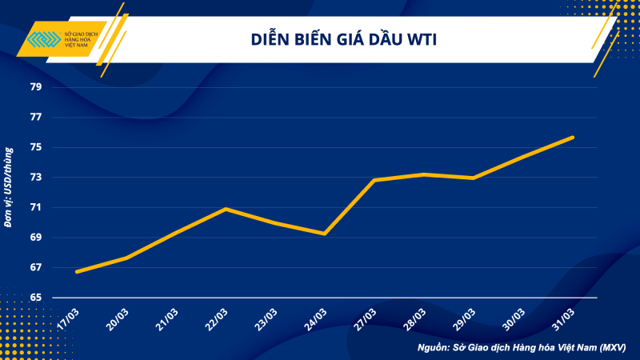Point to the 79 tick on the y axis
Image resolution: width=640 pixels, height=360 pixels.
point(36,87)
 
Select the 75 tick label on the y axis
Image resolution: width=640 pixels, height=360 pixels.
point(36,147)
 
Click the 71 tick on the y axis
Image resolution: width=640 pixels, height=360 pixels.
point(36,207)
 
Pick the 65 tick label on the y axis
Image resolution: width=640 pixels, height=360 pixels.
point(36,298)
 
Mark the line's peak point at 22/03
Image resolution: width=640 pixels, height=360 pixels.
point(226,209)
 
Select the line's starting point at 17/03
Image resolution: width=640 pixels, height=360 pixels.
point(77,272)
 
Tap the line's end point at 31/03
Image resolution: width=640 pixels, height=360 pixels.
point(573,138)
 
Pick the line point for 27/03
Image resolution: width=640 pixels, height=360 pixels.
point(374,180)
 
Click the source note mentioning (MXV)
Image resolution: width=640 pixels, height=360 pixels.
point(521,348)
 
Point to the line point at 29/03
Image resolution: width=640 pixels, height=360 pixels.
point(474,178)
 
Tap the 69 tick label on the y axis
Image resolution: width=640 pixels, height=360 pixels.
point(36,238)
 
